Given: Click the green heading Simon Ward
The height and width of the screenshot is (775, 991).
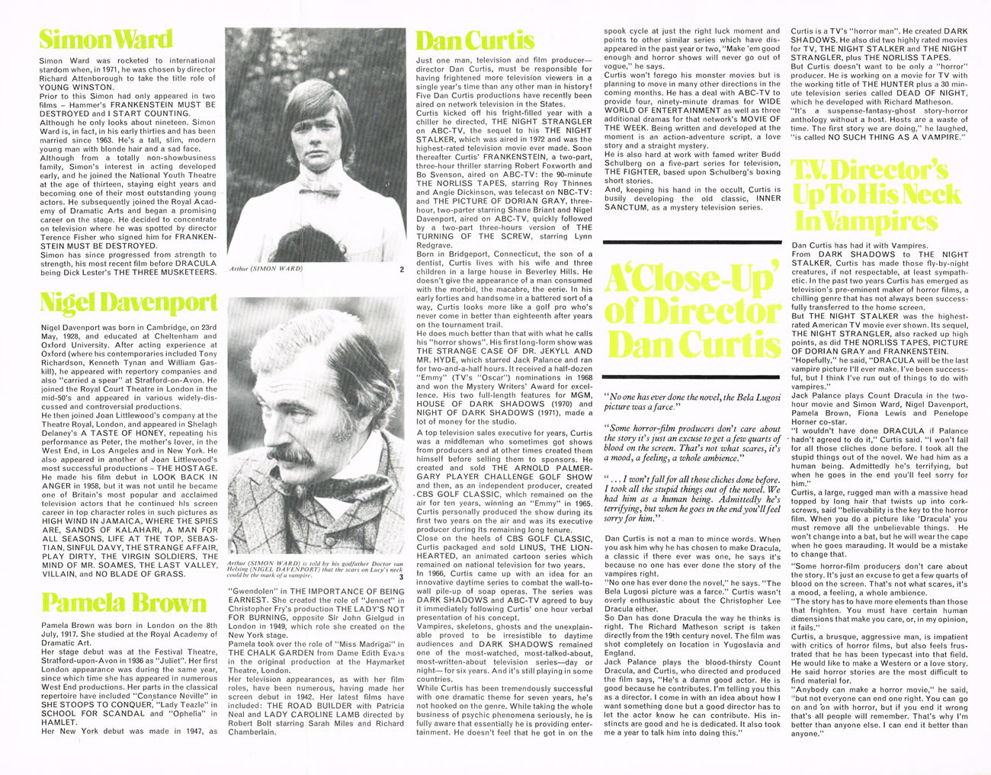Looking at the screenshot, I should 105,39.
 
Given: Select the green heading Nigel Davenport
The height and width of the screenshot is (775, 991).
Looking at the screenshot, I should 128,303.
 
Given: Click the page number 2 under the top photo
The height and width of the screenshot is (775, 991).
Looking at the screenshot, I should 401,269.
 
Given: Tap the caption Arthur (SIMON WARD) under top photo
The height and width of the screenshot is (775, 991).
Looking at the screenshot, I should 266,269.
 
